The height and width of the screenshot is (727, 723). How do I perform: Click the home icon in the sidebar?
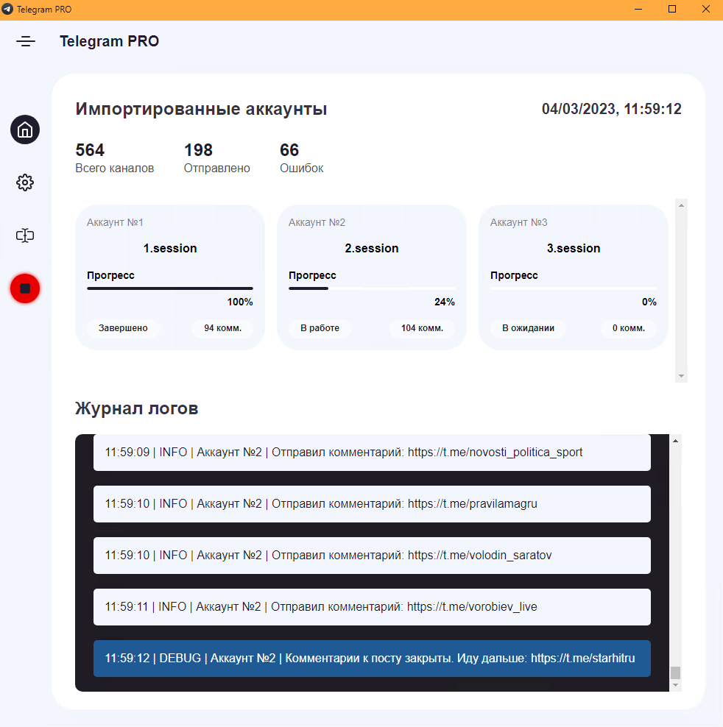[x=25, y=130]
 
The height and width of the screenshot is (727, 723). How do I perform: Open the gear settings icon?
[x=25, y=182]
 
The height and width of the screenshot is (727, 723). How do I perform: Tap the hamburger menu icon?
[x=26, y=41]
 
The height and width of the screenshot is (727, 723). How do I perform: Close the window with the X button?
[x=706, y=10]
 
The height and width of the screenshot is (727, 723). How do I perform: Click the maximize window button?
[x=672, y=10]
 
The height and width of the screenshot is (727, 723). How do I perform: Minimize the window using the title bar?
[x=638, y=10]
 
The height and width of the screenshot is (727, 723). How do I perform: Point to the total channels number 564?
[x=90, y=150]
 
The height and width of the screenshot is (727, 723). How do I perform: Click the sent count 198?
[x=198, y=150]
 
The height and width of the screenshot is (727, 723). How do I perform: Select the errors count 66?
[x=289, y=150]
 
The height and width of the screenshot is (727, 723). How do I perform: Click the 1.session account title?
[x=170, y=248]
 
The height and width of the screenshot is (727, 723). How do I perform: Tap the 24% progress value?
[x=445, y=302]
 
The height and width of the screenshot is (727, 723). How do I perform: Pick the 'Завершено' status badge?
[x=123, y=327]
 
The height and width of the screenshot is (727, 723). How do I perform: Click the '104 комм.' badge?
[x=423, y=327]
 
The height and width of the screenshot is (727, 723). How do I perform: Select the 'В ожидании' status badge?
[x=528, y=327]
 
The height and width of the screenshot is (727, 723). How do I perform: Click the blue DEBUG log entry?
[x=372, y=659]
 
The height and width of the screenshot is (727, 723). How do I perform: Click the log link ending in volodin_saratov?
[x=479, y=555]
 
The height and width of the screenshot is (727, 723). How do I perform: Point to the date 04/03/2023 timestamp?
[x=579, y=109]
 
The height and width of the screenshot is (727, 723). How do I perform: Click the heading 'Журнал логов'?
[x=137, y=408]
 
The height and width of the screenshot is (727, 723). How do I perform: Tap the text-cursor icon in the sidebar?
[x=25, y=235]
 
